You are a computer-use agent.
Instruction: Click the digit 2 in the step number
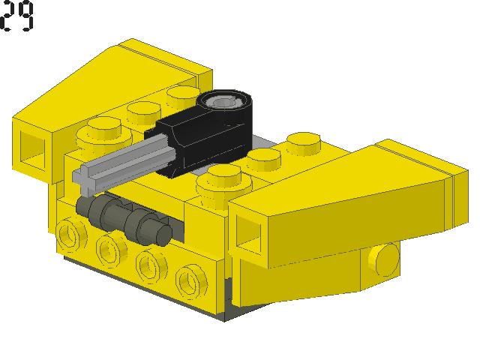[x=7, y=16]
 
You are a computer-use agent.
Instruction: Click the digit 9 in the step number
[x=25, y=16]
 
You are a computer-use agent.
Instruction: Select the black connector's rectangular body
[x=196, y=144]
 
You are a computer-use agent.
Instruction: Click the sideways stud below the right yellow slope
[x=384, y=259]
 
